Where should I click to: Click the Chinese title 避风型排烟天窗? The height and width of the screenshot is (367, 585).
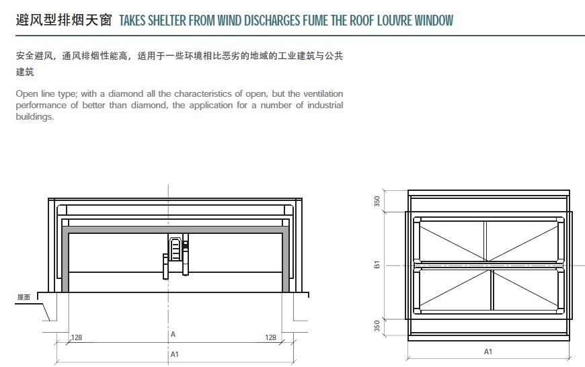[64, 19]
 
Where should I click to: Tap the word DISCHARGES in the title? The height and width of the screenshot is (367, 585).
[272, 20]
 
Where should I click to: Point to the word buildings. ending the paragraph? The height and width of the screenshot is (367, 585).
[35, 117]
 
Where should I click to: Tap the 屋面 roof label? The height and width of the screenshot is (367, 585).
[24, 297]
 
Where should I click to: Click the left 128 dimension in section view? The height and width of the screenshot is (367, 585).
[77, 337]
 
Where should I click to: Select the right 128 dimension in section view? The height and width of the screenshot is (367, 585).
[270, 337]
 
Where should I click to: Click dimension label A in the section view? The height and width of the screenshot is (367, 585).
[173, 334]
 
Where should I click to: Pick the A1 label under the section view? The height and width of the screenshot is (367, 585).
[175, 354]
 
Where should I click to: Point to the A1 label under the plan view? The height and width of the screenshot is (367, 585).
[488, 352]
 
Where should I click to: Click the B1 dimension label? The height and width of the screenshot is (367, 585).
[377, 265]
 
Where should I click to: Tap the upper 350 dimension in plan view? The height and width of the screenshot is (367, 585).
[377, 202]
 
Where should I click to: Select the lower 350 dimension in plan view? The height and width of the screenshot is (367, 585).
[377, 325]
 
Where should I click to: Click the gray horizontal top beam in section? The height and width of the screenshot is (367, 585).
[175, 230]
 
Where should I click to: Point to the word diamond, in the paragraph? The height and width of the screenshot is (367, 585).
[149, 106]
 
